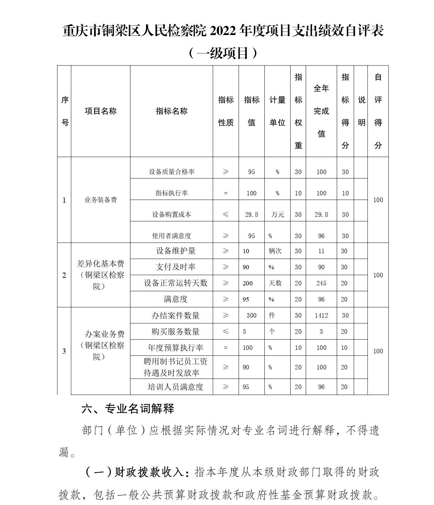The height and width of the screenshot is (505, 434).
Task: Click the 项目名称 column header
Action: (x=100, y=111)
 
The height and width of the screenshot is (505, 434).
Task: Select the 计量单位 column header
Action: (x=277, y=111)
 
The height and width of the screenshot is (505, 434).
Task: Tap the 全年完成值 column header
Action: (x=321, y=111)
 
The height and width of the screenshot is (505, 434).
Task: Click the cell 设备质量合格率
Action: (x=172, y=172)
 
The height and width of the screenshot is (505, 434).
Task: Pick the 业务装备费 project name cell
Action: (x=100, y=200)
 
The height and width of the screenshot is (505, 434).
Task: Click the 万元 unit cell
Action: (x=277, y=215)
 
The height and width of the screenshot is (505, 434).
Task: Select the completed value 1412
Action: (x=321, y=316)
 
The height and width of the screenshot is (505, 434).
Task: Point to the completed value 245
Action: (x=321, y=283)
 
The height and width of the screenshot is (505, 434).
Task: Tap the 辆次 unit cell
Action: (x=275, y=251)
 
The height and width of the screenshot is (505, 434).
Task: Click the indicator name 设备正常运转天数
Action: (x=176, y=283)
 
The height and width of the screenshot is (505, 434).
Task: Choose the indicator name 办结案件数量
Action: (x=176, y=316)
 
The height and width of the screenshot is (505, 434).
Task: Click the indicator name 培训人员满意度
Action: (x=176, y=387)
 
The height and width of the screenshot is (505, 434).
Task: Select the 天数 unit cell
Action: (x=275, y=283)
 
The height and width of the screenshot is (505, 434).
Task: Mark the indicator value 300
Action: (x=251, y=316)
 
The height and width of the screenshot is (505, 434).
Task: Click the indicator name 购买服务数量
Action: (x=176, y=332)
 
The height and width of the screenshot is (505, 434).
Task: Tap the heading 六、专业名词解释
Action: (x=128, y=409)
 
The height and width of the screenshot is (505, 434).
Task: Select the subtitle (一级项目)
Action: (x=223, y=53)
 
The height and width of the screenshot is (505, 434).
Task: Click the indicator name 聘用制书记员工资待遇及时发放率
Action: (x=176, y=367)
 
